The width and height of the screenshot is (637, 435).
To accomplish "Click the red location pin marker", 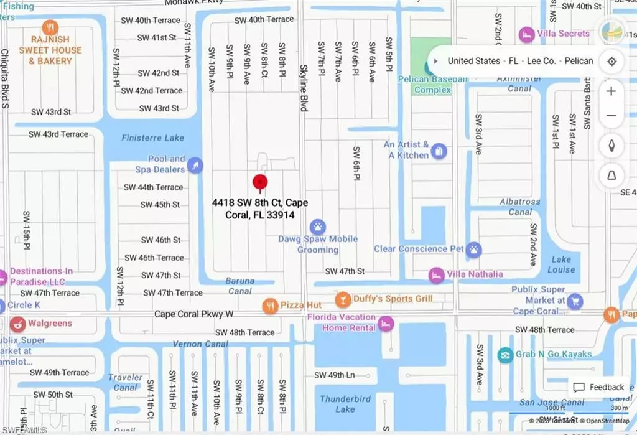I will [x=260, y=182].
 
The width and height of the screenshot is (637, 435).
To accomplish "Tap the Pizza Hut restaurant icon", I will [x=269, y=305].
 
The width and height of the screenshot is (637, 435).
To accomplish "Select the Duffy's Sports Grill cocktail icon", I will [x=342, y=300].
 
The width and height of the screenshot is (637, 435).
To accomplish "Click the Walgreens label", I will [x=50, y=324].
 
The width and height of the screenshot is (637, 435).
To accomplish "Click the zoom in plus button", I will [x=611, y=91].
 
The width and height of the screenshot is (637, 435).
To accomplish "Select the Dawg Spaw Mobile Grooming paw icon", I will [x=318, y=226].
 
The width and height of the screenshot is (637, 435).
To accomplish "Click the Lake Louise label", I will [x=561, y=264].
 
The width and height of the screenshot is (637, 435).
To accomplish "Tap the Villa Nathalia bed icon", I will [x=437, y=274].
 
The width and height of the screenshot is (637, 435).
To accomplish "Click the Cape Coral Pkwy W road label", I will [x=194, y=315].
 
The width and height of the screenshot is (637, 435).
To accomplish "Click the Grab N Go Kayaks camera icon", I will [x=505, y=355].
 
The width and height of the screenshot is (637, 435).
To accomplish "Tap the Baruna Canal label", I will [x=239, y=286].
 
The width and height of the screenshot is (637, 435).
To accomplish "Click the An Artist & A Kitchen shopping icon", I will [x=439, y=151].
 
